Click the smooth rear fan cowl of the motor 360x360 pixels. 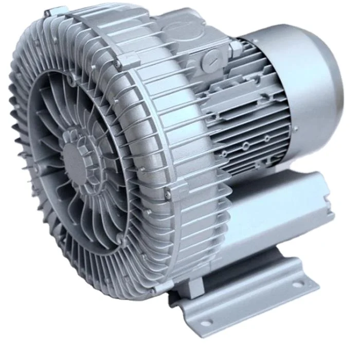pyautogui.click(x=314, y=82)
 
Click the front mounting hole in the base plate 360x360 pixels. pyautogui.click(x=206, y=322)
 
